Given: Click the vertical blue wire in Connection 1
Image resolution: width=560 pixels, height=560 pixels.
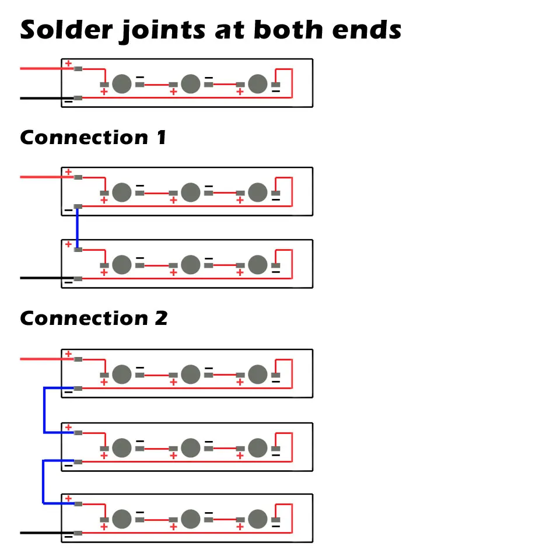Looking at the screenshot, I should pos(77,228).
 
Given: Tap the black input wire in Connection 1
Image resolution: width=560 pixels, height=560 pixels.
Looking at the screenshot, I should pos(41,278).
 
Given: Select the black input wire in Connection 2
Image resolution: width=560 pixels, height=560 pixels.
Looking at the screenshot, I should pos(41,532).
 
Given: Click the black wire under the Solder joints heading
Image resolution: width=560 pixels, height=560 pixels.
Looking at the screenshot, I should pos(41,98).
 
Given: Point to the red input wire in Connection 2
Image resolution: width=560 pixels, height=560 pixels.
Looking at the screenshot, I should pos(41,359).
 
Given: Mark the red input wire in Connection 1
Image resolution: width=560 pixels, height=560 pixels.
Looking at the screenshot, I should pos(41,177).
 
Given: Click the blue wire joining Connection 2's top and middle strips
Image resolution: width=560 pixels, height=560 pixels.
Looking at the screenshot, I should pos(44,410).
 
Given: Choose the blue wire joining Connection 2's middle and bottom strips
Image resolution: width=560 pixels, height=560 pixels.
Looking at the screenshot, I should pos(43,482).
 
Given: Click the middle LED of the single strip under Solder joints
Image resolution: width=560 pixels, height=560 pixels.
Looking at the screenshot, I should pos(190,84).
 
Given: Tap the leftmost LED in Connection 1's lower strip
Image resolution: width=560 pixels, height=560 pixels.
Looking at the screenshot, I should pos(121,265).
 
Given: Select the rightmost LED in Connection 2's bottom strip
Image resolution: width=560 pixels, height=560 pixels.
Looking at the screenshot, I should pos(257,519).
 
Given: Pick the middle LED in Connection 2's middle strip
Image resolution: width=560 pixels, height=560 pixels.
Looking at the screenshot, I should pos(190,447).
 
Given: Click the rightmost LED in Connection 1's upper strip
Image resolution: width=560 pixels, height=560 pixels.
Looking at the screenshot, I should pos(257,192).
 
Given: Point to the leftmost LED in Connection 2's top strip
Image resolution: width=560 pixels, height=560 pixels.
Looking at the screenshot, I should pos(121,374).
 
